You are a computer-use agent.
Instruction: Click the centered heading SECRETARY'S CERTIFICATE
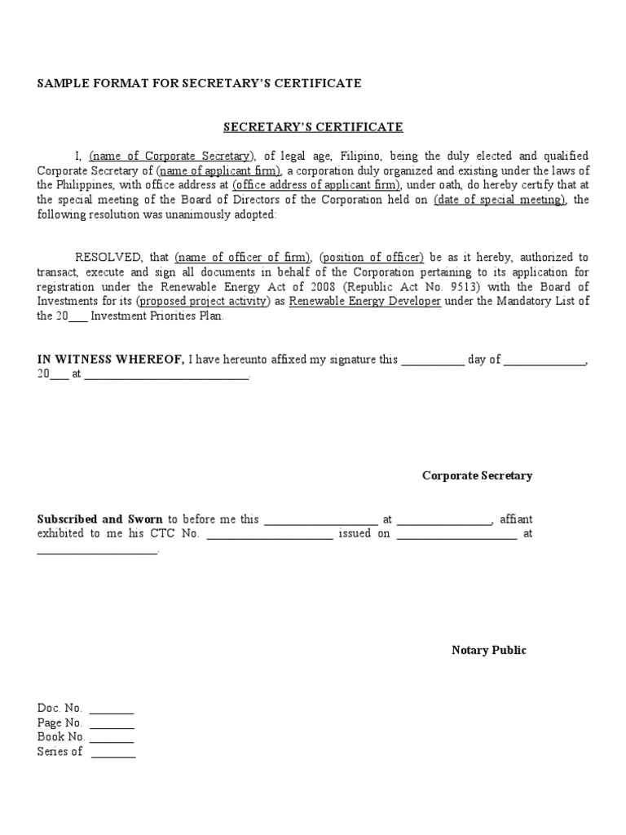[314, 127]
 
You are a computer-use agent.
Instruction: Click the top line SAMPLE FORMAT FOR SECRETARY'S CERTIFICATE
[200, 84]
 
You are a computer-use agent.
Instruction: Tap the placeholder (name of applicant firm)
[220, 170]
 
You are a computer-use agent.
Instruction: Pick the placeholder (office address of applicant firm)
[316, 185]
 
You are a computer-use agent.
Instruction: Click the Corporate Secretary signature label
[477, 475]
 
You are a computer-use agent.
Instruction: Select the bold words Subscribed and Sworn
[101, 519]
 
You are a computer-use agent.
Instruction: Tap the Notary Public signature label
[489, 650]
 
